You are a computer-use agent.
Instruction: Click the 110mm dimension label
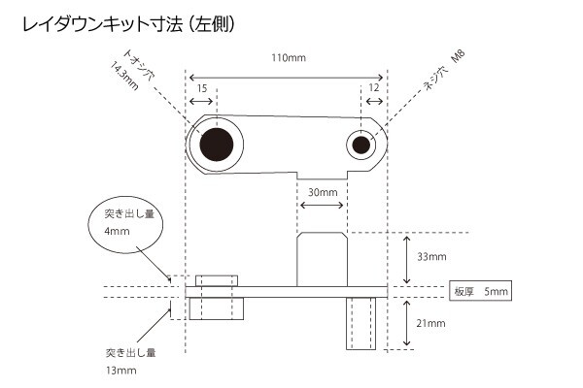pyautogui.click(x=289, y=59)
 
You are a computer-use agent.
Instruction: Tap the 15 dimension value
pyautogui.click(x=202, y=88)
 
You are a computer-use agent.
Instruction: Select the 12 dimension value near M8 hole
pyautogui.click(x=374, y=88)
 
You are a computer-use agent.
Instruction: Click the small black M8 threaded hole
pyautogui.click(x=361, y=145)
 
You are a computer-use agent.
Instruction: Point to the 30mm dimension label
pyautogui.click(x=322, y=192)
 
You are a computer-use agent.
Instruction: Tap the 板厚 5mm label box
pyautogui.click(x=478, y=290)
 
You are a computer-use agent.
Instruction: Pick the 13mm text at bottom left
pyautogui.click(x=121, y=370)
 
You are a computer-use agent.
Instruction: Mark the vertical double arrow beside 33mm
pyautogui.click(x=406, y=257)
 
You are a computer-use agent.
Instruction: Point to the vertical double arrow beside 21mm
pyautogui.click(x=406, y=322)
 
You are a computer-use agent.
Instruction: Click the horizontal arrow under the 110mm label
pyautogui.click(x=289, y=76)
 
